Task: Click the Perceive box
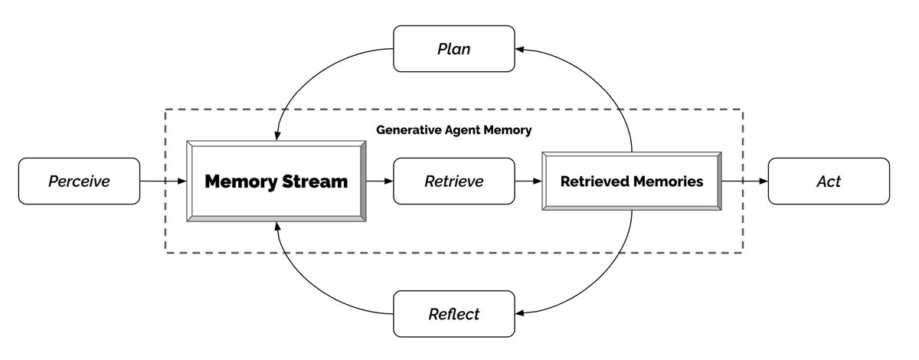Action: pos(79,182)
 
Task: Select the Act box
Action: pos(829,182)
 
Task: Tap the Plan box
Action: pos(453,49)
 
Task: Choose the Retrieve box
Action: pos(454,182)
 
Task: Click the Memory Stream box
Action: pos(276,182)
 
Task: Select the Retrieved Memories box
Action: pos(631,182)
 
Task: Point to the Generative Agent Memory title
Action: pos(453,130)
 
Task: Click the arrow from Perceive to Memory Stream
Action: pos(163,182)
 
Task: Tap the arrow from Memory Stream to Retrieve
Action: pos(379,182)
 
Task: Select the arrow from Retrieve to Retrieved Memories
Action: pos(528,182)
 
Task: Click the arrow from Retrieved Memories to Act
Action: pos(744,182)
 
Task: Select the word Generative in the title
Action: pos(407,130)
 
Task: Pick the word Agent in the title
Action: pos(459,130)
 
